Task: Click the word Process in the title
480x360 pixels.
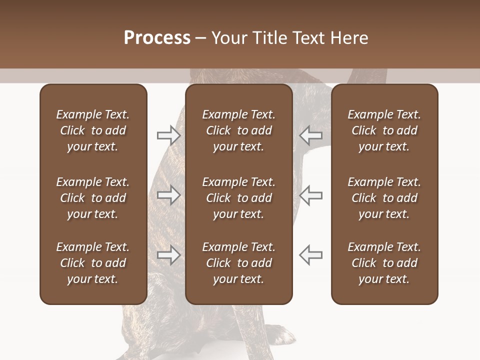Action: point(157,38)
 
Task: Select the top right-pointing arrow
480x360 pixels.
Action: point(168,135)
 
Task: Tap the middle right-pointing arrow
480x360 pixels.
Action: point(168,195)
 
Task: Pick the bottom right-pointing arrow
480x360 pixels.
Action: point(168,255)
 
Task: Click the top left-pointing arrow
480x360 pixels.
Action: point(311,135)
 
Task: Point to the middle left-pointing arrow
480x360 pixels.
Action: point(311,195)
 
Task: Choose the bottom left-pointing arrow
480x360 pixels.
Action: point(311,255)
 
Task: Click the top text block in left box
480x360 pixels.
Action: point(93,130)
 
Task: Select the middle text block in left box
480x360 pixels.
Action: point(93,198)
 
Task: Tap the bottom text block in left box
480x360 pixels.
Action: point(93,263)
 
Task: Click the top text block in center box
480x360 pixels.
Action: point(238,130)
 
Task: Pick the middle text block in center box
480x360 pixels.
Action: point(238,198)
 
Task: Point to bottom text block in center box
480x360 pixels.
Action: point(238,263)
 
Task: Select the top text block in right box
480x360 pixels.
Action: point(384,130)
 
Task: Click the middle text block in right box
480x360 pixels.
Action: point(384,198)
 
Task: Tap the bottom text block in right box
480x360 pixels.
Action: point(384,263)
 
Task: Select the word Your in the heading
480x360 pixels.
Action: point(229,38)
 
